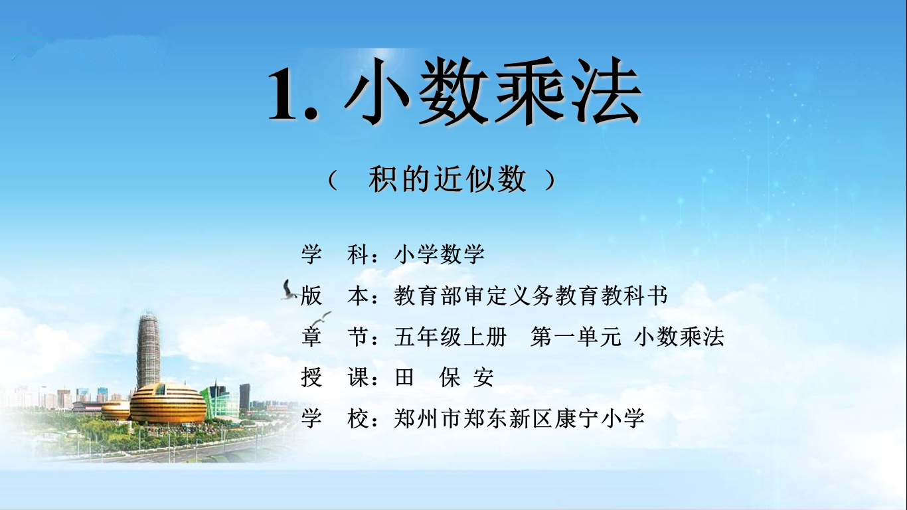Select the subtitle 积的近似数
[x=448, y=179]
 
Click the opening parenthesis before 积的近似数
[x=333, y=180]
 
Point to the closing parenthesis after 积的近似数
[x=550, y=180]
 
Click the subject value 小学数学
[x=440, y=254]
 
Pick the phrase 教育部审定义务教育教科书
[x=531, y=296]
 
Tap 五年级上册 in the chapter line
[x=451, y=337]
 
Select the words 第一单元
[x=576, y=337]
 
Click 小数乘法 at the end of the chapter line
[x=679, y=337]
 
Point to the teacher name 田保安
[x=444, y=378]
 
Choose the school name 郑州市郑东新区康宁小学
[x=519, y=418]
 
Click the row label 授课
[x=338, y=378]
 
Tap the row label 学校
[x=338, y=418]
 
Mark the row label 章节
[x=338, y=337]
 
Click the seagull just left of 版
[x=289, y=290]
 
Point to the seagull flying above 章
[x=322, y=318]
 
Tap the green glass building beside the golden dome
[x=220, y=400]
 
